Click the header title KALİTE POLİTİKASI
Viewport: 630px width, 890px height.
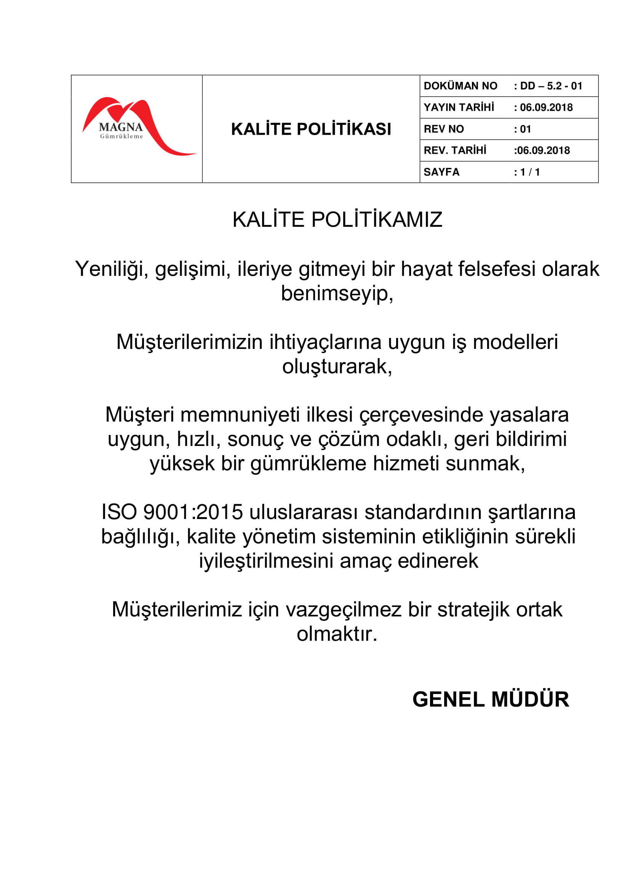click(x=311, y=129)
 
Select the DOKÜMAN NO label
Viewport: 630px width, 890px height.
click(x=460, y=86)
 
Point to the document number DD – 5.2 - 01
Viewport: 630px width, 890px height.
click(x=551, y=86)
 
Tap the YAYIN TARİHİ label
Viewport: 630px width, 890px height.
click(x=459, y=107)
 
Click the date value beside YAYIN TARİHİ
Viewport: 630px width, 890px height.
click(x=546, y=107)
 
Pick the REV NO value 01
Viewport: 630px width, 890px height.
click(x=525, y=129)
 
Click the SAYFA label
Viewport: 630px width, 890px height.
click(x=441, y=172)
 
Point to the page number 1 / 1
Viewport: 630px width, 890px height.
click(x=529, y=172)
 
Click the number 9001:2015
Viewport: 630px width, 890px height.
click(x=193, y=512)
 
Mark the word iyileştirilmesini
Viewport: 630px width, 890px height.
click(x=266, y=561)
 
